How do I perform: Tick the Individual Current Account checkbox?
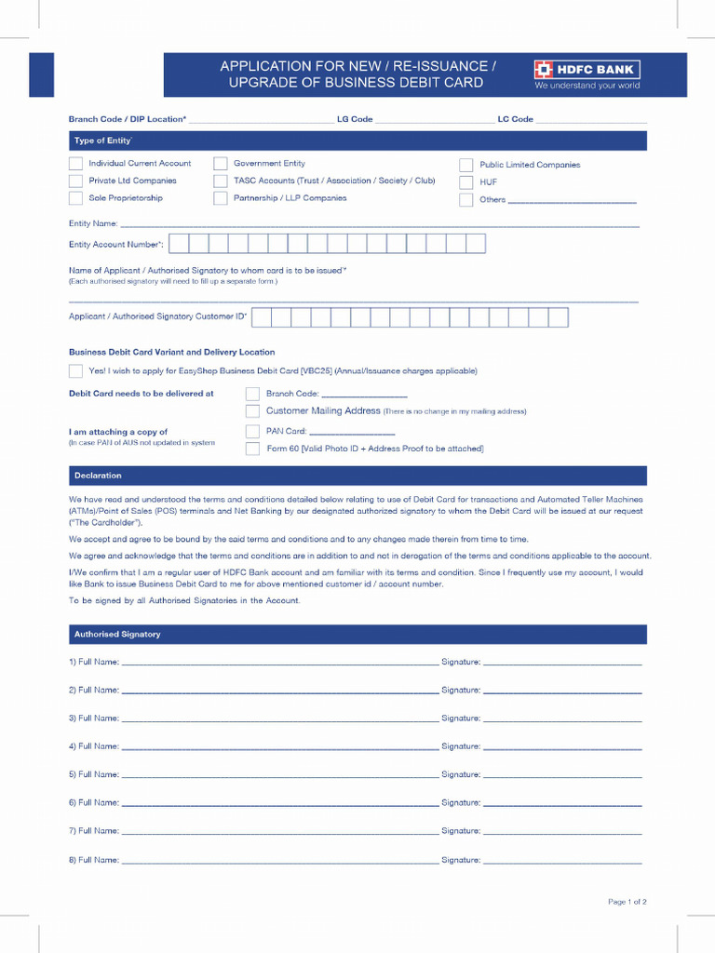(75, 164)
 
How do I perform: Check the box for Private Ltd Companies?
(75, 181)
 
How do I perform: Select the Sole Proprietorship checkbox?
(75, 198)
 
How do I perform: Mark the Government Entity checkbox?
(221, 164)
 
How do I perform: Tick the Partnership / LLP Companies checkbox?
(221, 198)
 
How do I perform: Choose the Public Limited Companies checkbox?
(466, 166)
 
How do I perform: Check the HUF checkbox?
(466, 182)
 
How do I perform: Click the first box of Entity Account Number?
(178, 244)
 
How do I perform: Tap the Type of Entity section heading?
(102, 141)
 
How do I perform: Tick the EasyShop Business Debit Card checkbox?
(75, 371)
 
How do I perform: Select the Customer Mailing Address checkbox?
(252, 410)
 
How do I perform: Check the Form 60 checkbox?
(252, 449)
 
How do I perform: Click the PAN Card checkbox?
(252, 431)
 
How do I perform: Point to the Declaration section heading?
(98, 476)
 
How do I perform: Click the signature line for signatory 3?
(562, 719)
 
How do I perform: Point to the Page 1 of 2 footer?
(627, 902)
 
